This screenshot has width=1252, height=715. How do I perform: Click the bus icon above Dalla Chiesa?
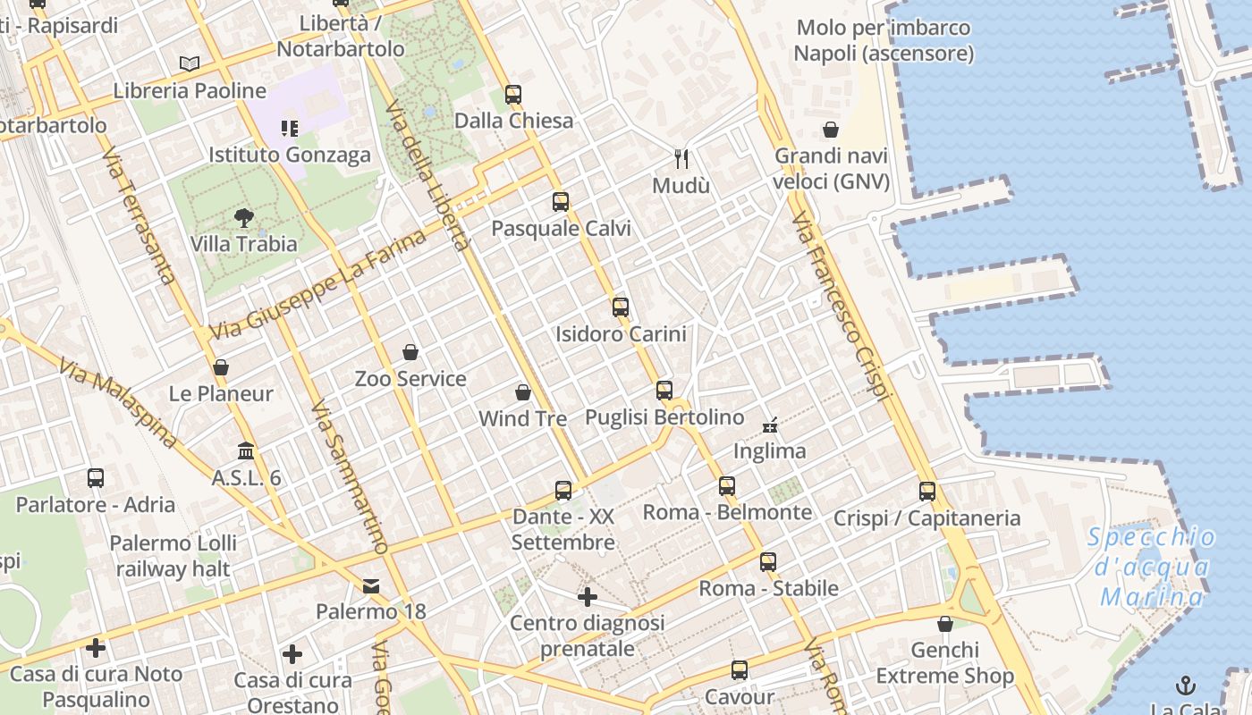[x=512, y=94]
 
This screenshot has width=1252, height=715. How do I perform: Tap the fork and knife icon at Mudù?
[x=681, y=159]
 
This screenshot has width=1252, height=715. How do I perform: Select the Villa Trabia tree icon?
[x=242, y=216]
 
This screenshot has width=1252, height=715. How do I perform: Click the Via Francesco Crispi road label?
[x=842, y=307]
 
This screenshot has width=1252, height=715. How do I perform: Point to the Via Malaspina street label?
[x=118, y=404]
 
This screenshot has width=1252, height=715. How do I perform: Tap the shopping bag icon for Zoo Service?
[x=410, y=352]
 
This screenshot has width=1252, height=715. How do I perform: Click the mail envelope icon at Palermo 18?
[x=370, y=586]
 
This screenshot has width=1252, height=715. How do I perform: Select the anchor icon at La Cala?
[x=1185, y=686]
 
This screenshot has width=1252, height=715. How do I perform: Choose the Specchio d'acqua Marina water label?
[x=1152, y=567]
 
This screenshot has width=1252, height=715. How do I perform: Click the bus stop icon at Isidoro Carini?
[x=621, y=307]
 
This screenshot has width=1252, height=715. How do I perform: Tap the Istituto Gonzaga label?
[x=289, y=155]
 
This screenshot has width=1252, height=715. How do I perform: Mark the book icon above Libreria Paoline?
[x=189, y=63]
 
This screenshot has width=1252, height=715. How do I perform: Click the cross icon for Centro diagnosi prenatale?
[x=587, y=596]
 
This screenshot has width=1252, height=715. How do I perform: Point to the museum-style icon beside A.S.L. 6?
[x=246, y=451]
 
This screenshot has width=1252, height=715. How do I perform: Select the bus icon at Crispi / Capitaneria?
[x=927, y=491]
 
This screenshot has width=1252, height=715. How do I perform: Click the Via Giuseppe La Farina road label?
[x=317, y=285]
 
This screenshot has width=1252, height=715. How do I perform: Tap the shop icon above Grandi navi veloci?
[x=831, y=130]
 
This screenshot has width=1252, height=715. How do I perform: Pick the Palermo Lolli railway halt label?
[x=173, y=555]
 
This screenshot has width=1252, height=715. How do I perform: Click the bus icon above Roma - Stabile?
[x=768, y=562]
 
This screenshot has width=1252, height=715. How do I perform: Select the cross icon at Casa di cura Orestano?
[x=292, y=654]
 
